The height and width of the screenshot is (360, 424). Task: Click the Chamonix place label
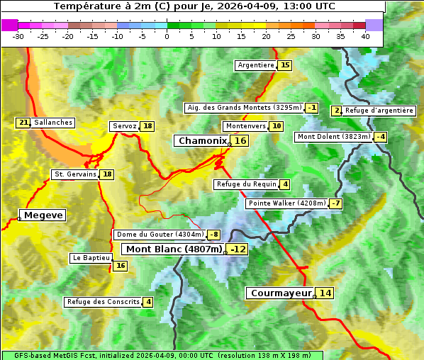click(x=202, y=141)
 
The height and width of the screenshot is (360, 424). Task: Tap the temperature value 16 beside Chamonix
click(x=241, y=141)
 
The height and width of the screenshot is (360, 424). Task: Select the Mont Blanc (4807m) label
click(x=174, y=249)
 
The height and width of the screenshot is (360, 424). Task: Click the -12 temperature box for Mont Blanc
click(x=238, y=249)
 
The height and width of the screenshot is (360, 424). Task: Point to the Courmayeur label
click(x=281, y=293)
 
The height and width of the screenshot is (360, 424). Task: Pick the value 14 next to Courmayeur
click(x=325, y=293)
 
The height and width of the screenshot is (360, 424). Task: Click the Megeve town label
click(x=43, y=215)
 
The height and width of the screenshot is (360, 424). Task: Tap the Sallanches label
click(x=53, y=123)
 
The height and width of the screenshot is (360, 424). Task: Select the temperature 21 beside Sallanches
click(x=23, y=123)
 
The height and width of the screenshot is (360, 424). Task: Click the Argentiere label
click(x=256, y=65)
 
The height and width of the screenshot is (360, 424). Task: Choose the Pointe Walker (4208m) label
click(x=287, y=203)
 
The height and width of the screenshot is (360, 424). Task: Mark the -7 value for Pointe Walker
click(x=336, y=203)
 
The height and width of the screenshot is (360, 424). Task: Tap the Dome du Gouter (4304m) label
click(x=160, y=235)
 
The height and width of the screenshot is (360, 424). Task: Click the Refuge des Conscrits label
click(x=104, y=302)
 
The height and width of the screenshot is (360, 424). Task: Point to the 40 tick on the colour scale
click(x=365, y=36)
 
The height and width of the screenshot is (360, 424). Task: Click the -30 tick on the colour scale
click(x=18, y=36)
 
